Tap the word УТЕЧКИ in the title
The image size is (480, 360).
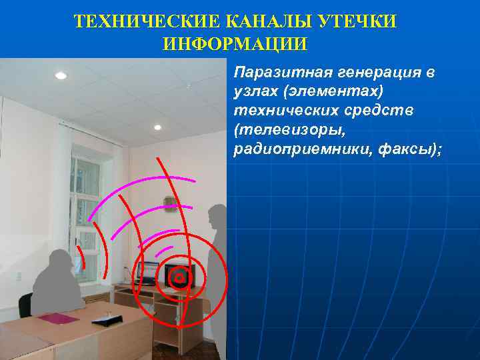[361, 22]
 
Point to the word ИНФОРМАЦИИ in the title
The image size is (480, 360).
[235, 45]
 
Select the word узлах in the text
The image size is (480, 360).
[254, 90]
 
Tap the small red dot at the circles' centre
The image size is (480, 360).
[179, 277]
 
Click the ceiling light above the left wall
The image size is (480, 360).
[61, 75]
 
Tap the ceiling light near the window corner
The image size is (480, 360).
[158, 127]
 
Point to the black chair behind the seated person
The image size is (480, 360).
[26, 307]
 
